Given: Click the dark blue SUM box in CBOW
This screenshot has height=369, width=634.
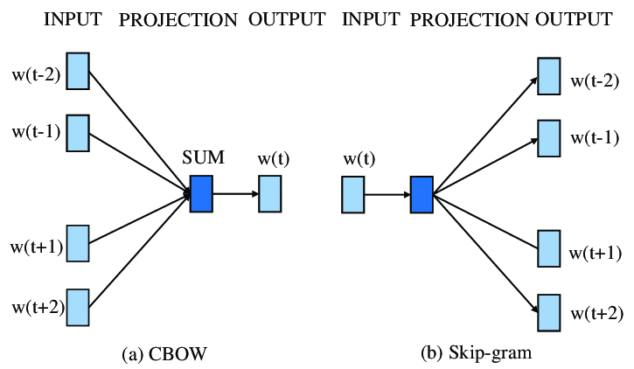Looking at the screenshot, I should (201, 193).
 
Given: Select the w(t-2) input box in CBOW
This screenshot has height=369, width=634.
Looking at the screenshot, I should (78, 71).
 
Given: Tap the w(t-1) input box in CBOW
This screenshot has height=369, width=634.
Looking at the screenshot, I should (78, 132).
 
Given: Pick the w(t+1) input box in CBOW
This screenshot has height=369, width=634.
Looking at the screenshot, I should (78, 243).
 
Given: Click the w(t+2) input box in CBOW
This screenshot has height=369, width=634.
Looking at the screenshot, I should (78, 306).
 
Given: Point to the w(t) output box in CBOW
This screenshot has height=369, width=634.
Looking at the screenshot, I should (269, 193).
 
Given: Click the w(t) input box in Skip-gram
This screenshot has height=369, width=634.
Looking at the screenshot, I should (352, 194).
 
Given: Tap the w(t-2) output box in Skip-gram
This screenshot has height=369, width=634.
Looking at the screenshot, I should (548, 75).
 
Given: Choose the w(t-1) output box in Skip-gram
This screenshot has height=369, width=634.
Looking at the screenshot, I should (548, 137).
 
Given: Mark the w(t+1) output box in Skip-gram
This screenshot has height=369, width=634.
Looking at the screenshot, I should (548, 248).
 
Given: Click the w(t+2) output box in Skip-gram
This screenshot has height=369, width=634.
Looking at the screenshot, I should (548, 312).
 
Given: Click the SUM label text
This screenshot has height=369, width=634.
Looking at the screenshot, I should (203, 158).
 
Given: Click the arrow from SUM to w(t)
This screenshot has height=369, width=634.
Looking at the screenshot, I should (235, 193).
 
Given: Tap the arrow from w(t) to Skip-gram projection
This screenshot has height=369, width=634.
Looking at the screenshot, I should (387, 194).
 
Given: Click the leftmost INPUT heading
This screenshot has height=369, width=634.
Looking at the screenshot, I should (73, 19).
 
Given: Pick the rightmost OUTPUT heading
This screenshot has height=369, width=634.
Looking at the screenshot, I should (574, 19).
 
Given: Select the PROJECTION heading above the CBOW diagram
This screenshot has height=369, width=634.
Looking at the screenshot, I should (178, 19).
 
